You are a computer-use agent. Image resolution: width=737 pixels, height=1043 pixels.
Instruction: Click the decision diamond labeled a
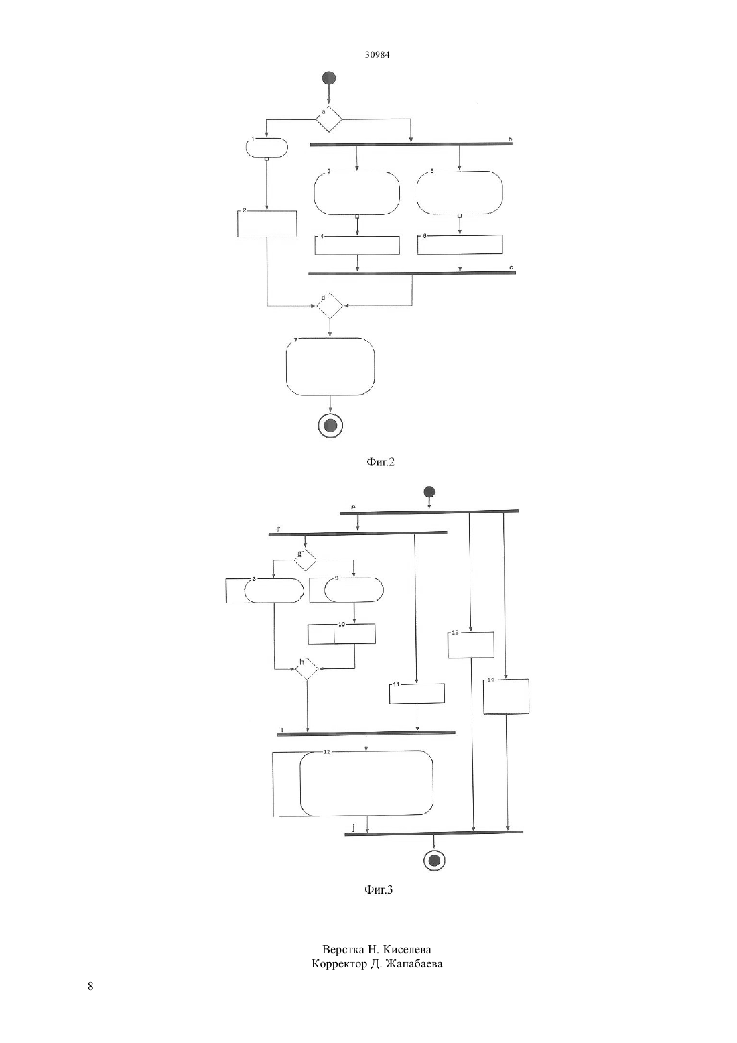click(329, 119)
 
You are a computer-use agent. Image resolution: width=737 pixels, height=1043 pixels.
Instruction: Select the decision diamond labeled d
click(330, 306)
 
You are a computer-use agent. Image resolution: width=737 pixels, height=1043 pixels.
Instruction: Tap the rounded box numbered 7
click(330, 367)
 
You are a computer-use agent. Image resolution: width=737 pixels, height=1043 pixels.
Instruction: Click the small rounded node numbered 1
click(267, 147)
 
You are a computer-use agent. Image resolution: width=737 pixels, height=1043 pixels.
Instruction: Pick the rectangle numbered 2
click(267, 224)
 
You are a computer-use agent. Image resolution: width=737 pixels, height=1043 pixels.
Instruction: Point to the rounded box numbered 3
click(357, 193)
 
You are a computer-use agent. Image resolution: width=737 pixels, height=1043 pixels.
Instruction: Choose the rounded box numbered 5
click(460, 193)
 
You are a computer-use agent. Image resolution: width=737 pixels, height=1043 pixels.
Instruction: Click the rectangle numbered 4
click(357, 245)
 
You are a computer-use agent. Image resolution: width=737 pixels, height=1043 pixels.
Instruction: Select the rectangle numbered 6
click(460, 245)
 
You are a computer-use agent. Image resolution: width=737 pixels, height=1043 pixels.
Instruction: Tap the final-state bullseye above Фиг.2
click(330, 425)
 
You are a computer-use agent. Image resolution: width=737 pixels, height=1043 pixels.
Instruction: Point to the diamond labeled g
click(306, 560)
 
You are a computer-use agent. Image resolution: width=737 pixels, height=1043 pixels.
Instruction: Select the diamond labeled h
click(307, 669)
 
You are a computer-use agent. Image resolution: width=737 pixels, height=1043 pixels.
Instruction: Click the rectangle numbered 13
click(471, 645)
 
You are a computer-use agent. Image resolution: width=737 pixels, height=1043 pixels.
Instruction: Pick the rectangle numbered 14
click(507, 696)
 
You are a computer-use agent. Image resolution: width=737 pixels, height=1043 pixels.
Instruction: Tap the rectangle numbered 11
click(417, 694)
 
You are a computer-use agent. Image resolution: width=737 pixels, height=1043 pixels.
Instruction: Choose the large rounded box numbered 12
click(366, 783)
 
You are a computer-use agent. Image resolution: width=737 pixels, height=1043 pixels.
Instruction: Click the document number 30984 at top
click(377, 54)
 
